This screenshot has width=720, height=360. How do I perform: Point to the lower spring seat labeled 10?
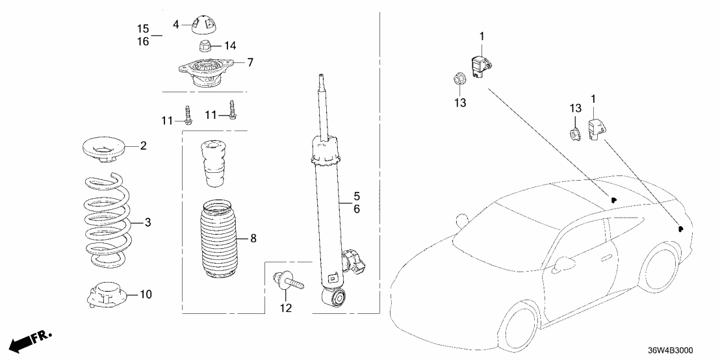click(106, 296)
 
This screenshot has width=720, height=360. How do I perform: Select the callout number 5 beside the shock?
click(356, 196)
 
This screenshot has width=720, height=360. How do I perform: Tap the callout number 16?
click(143, 41)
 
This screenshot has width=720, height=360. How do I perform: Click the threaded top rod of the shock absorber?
click(322, 104)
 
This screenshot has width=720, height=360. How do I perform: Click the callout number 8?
click(253, 239)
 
